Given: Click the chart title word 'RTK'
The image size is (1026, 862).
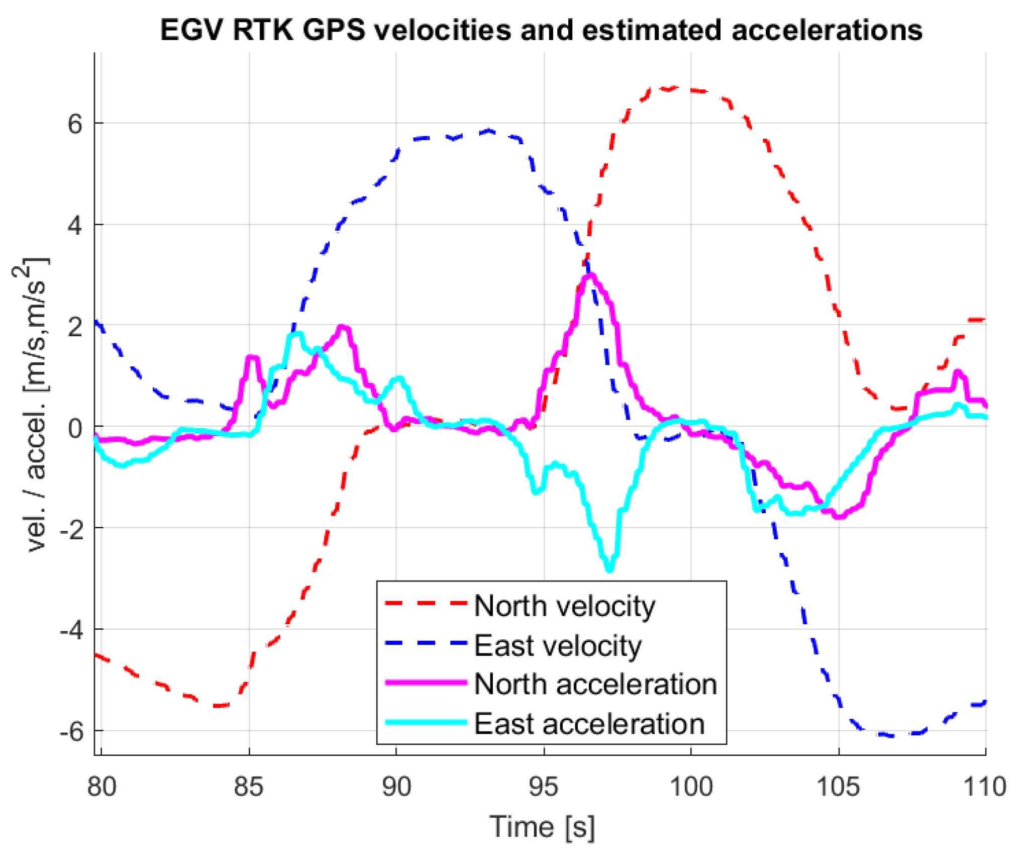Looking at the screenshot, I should pos(263,30).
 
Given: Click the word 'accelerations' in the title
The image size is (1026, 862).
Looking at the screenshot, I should pos(827,30).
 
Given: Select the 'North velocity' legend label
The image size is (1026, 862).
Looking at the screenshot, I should pos(564,606).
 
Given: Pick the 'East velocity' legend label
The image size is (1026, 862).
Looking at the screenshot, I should pos(557,646).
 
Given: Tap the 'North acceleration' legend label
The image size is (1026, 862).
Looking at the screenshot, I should pos(595,685).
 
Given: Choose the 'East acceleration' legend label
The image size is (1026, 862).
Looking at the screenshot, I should pos(589,724).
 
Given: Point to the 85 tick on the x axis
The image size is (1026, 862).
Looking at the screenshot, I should pos(248,787).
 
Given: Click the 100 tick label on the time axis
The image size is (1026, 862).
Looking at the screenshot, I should pos(691,787).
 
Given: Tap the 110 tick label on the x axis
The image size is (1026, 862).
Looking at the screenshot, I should pos(984,787).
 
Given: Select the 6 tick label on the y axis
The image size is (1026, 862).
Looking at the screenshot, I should pos(75,123).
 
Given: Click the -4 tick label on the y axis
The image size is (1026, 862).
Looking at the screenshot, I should pos(71,630).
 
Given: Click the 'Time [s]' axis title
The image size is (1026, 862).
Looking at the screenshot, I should pos(542,827).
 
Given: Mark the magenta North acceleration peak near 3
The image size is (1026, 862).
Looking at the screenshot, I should pos(591,275).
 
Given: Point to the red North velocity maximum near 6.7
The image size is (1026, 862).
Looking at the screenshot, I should pos(673,88).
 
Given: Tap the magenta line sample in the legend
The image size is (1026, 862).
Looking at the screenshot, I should pos(426,683).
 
